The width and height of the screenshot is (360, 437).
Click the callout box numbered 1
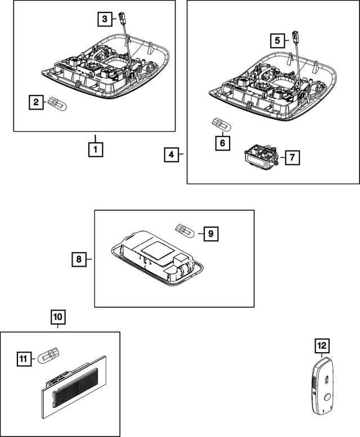point(95,150)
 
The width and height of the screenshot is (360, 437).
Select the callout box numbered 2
point(36,102)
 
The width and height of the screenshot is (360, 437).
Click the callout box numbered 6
point(222,143)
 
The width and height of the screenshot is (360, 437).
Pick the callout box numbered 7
point(291,157)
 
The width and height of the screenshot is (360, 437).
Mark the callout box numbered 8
point(79,259)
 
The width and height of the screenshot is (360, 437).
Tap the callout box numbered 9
point(210,232)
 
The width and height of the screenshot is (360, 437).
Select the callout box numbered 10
point(58,317)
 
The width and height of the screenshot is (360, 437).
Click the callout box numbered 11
point(23,357)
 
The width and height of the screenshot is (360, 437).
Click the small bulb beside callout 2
point(57,103)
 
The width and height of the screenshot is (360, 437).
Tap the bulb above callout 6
point(217,123)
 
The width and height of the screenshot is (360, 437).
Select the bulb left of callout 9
point(183,229)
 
